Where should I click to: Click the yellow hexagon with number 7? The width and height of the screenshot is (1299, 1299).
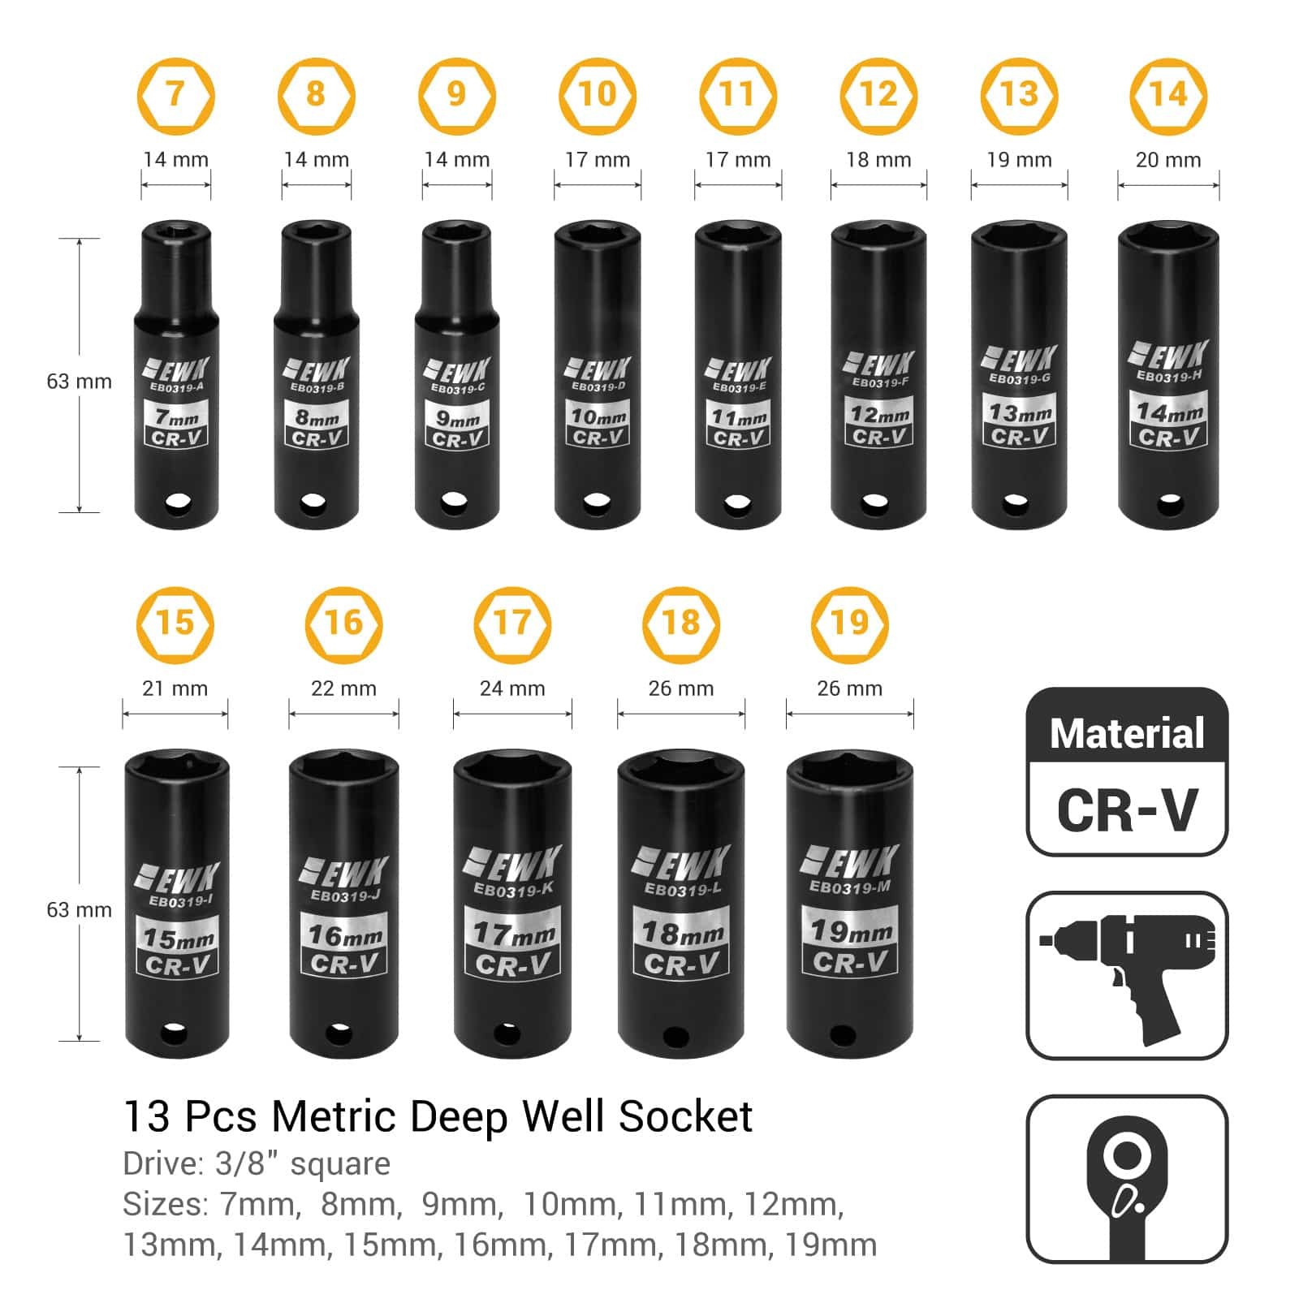[175, 96]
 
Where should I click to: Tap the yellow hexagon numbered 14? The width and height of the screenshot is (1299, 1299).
[1167, 96]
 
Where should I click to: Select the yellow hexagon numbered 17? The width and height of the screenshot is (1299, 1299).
[511, 624]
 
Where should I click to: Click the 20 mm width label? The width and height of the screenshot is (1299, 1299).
[1167, 160]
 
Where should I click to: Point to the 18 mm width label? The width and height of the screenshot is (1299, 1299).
[878, 160]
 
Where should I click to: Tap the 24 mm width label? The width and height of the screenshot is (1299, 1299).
[511, 688]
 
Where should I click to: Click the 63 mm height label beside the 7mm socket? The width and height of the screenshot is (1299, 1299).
[79, 382]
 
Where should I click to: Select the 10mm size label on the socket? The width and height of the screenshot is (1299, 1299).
[598, 417]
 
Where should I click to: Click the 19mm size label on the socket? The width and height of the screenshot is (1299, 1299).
[850, 931]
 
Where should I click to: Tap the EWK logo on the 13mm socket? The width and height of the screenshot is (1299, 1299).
[1019, 359]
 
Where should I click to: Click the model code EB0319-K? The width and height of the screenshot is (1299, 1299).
[513, 891]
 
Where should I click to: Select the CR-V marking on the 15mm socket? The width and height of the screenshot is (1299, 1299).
[179, 965]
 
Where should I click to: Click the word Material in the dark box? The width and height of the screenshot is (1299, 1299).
[1127, 734]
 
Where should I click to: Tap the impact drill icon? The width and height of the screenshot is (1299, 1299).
[1127, 974]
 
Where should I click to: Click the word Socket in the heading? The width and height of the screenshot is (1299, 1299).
[685, 1116]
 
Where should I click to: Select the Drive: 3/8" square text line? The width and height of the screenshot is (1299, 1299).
[257, 1164]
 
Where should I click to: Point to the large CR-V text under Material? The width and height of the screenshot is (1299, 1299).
[1127, 809]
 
